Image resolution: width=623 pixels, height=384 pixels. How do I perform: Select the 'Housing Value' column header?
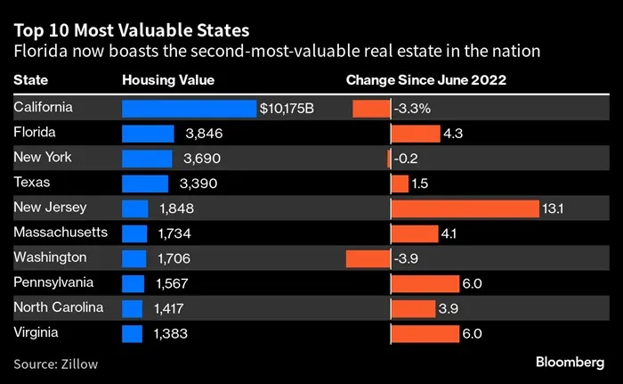(168, 80)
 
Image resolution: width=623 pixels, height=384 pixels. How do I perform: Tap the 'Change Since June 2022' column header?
(425, 80)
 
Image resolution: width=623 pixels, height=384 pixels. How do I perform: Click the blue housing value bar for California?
(189, 109)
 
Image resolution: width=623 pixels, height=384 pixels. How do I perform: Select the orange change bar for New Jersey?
(465, 208)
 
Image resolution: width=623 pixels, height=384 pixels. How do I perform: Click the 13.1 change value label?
(554, 208)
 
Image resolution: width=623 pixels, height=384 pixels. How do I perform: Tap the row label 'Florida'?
(36, 133)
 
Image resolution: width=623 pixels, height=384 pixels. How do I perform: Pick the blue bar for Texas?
(144, 184)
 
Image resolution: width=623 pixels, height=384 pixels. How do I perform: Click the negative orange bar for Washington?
(368, 258)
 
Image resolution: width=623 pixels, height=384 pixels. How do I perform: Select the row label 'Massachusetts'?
(61, 233)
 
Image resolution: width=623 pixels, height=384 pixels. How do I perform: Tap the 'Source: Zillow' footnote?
(55, 364)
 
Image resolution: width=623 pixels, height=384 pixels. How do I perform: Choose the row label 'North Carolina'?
(59, 307)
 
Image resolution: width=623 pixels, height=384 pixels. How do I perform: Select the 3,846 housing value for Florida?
(204, 134)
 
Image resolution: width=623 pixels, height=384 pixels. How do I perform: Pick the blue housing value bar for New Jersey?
(134, 208)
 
